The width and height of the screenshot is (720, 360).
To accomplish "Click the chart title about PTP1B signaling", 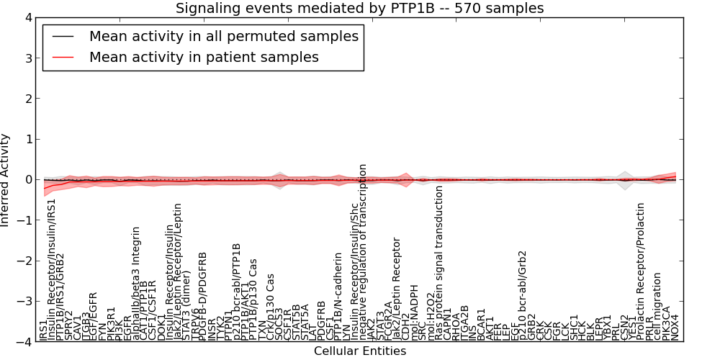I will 360,8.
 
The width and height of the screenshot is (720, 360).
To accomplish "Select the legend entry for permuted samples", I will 223,36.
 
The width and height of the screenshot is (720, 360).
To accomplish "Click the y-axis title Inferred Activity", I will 6,180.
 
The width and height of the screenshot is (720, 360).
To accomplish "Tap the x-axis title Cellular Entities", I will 360,351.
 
